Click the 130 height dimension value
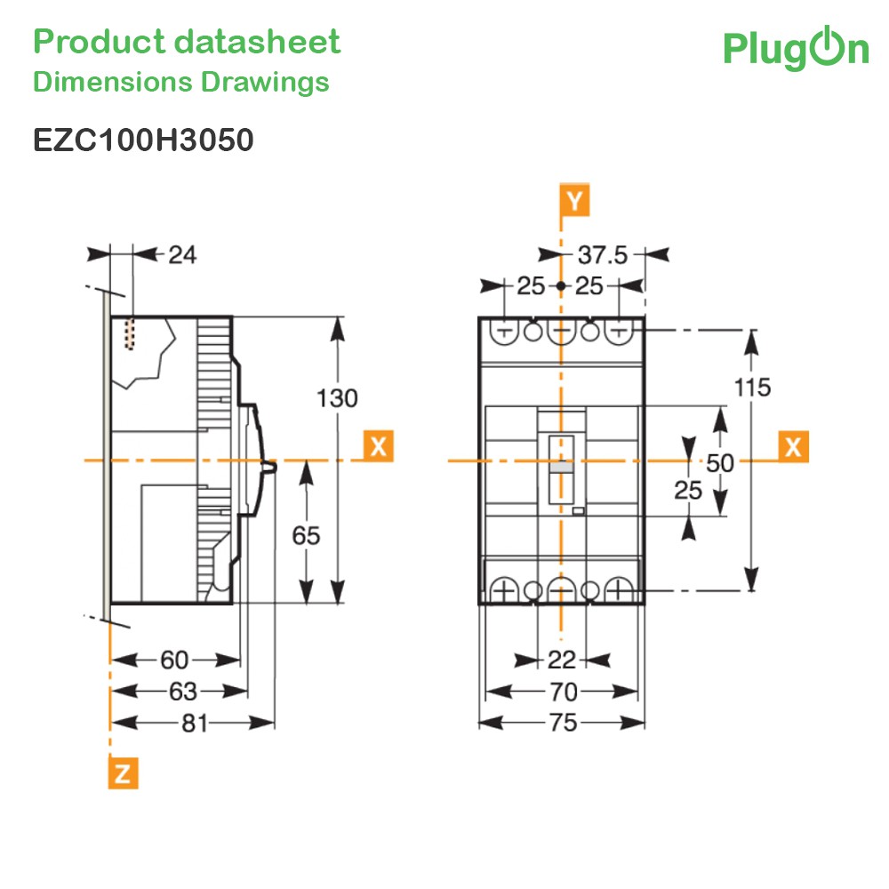click(x=337, y=398)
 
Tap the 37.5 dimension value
click(x=603, y=255)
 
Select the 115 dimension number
click(x=752, y=388)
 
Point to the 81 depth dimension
click(x=195, y=723)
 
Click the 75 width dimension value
click(x=563, y=723)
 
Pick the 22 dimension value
click(x=562, y=660)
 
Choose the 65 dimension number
click(x=306, y=536)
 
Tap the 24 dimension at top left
click(x=182, y=255)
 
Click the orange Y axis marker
click(x=574, y=200)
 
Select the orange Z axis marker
click(x=123, y=773)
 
